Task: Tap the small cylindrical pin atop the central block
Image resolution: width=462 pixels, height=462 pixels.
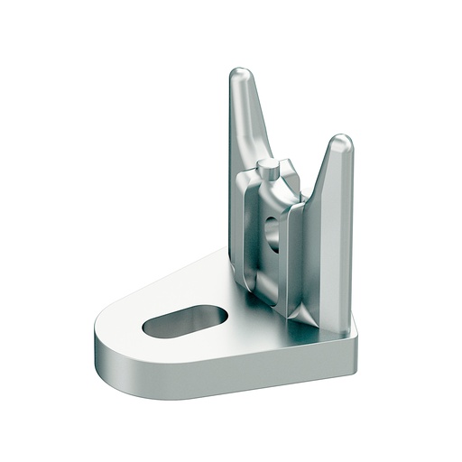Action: coord(268,167)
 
